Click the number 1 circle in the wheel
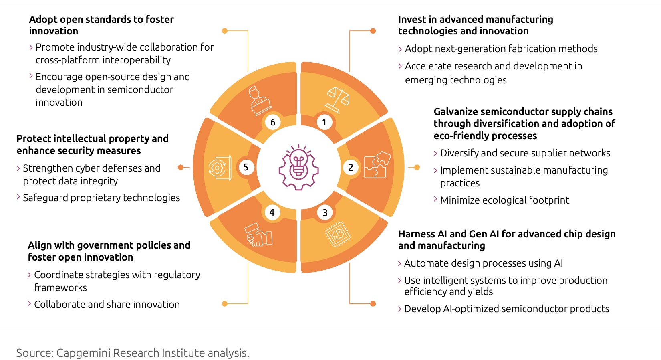pos(324,122)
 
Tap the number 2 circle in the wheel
pos(351,168)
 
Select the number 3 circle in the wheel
pos(324,212)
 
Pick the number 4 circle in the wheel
pos(272,212)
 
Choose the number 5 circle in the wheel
pos(246,168)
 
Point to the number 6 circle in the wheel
pos(273,122)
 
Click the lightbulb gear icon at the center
pos(298,168)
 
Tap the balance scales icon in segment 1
pos(337,100)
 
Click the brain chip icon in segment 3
pos(338,235)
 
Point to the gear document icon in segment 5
pos(220,168)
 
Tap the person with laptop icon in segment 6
pos(259,101)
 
